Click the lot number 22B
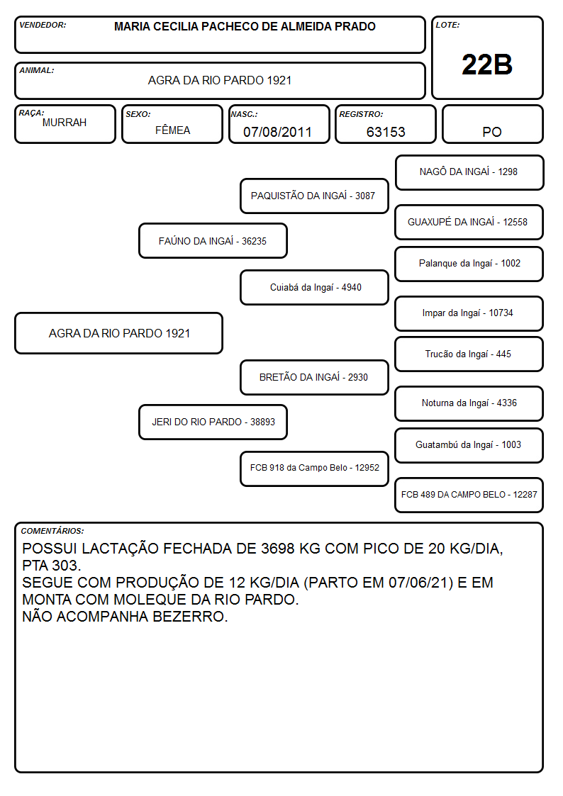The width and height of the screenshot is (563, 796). click(486, 65)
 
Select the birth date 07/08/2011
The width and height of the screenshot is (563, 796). click(277, 132)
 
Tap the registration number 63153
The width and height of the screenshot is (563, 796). click(386, 132)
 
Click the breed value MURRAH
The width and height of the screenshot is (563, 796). click(65, 123)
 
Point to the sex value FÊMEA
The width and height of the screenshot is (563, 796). click(172, 130)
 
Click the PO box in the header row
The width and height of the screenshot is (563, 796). click(492, 124)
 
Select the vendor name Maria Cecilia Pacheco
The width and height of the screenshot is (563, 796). click(245, 26)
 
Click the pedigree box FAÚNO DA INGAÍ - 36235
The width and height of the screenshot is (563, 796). click(213, 240)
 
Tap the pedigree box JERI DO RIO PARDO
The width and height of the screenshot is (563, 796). click(213, 422)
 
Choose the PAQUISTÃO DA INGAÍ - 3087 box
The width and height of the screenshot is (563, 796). click(314, 196)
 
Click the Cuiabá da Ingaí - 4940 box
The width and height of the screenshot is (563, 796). click(314, 287)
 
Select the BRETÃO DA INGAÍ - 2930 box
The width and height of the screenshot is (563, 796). click(314, 377)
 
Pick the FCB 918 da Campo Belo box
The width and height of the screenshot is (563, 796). click(314, 469)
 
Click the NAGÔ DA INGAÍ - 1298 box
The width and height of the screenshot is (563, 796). click(469, 173)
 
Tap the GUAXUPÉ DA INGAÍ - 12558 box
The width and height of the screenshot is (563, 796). click(469, 222)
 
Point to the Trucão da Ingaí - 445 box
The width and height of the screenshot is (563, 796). click(469, 354)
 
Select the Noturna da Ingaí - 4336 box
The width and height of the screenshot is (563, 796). click(469, 403)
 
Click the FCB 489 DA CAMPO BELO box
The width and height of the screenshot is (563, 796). click(469, 495)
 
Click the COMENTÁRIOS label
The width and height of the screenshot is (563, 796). click(52, 531)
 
